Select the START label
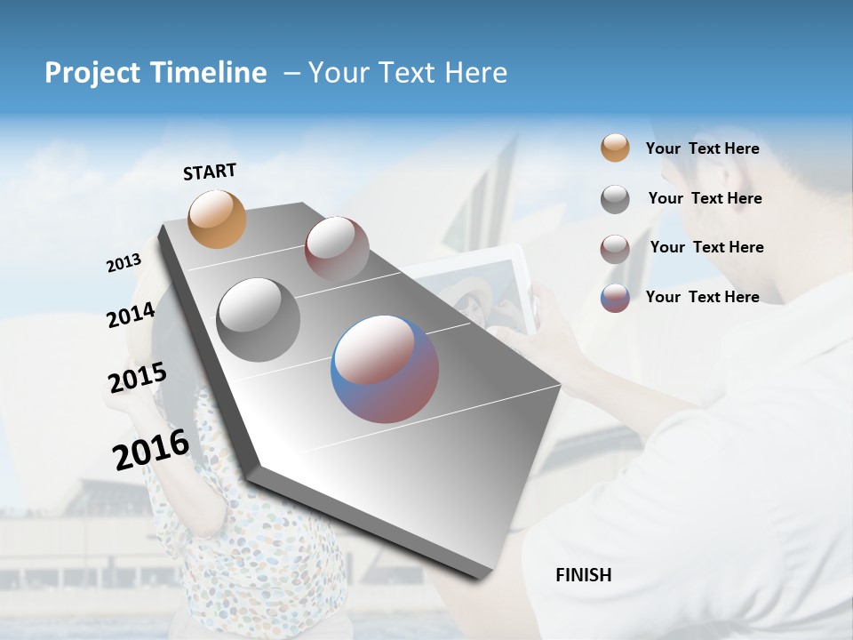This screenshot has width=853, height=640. [x=210, y=171]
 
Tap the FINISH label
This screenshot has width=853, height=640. [x=584, y=575]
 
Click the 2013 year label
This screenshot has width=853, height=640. [x=124, y=263]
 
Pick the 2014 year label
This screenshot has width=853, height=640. [x=131, y=315]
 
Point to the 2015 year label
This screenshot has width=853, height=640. [x=137, y=378]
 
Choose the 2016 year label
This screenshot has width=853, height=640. [x=151, y=450]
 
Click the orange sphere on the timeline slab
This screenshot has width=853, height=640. [x=218, y=219]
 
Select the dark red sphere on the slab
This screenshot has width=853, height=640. [x=337, y=249]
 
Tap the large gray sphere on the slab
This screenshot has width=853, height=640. [x=259, y=319]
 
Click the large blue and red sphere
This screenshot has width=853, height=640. [x=385, y=369]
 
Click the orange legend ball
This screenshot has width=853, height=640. [x=615, y=148]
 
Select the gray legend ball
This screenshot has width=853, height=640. [x=615, y=199]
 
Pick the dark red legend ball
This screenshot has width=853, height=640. [x=615, y=249]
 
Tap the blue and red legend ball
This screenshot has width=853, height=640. [x=615, y=298]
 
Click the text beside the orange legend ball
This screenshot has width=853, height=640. [x=702, y=148]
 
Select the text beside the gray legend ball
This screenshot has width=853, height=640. [x=705, y=198]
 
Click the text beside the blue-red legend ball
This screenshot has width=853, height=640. [x=702, y=297]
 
